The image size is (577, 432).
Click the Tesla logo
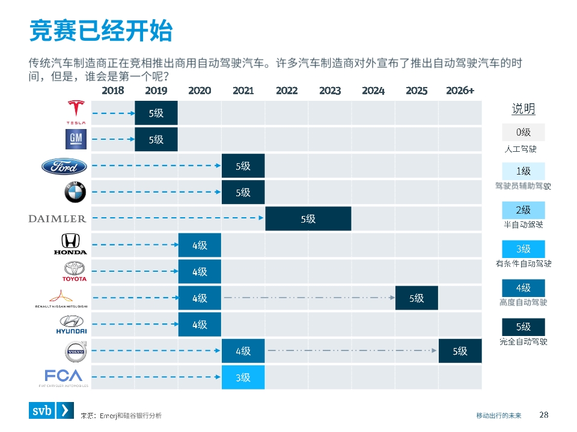(x=76, y=112)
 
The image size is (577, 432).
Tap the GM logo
(x=76, y=139)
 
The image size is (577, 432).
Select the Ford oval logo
(x=64, y=166)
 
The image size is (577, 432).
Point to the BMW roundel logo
(x=76, y=193)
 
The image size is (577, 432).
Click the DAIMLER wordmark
(x=58, y=219)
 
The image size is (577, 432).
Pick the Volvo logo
(x=76, y=352)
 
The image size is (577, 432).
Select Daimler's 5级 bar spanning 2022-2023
(x=308, y=219)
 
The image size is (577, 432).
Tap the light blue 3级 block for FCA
(x=243, y=377)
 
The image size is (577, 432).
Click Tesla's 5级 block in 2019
(x=156, y=113)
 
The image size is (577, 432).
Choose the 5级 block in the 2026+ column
(x=460, y=351)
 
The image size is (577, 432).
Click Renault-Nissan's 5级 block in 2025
(x=417, y=298)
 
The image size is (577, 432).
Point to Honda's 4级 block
(x=200, y=245)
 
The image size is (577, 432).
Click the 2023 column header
(x=330, y=91)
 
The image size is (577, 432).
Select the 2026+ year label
(x=460, y=91)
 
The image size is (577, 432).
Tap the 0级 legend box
(x=523, y=132)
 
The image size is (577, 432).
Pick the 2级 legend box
(x=523, y=210)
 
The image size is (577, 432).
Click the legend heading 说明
(x=523, y=109)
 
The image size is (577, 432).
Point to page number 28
(x=544, y=414)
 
